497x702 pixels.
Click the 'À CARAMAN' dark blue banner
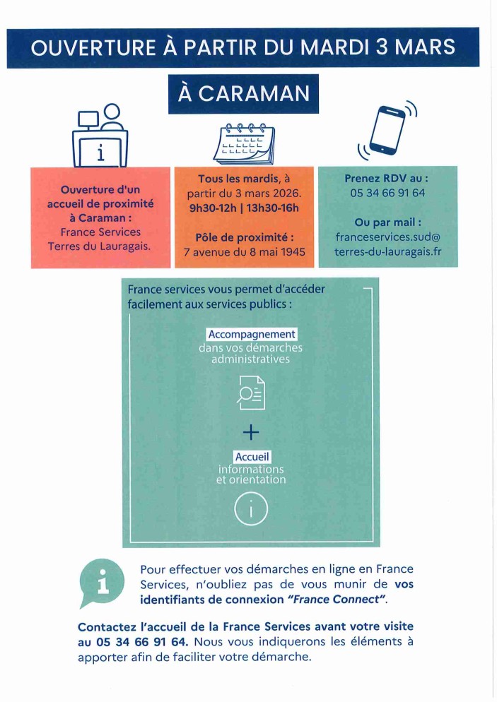coord(243,94)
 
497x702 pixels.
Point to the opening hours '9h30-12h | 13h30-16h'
coord(244,207)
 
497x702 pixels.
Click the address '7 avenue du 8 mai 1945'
coord(244,252)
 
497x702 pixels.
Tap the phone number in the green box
coord(387,192)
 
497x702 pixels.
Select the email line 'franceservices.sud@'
coord(387,237)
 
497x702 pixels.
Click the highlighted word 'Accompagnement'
coord(252,334)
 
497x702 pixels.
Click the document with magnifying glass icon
coord(251,393)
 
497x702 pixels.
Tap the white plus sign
coord(251,432)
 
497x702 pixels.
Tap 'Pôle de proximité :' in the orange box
coord(244,237)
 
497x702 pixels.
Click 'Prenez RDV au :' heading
coord(387,178)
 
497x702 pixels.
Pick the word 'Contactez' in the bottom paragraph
coord(107,626)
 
